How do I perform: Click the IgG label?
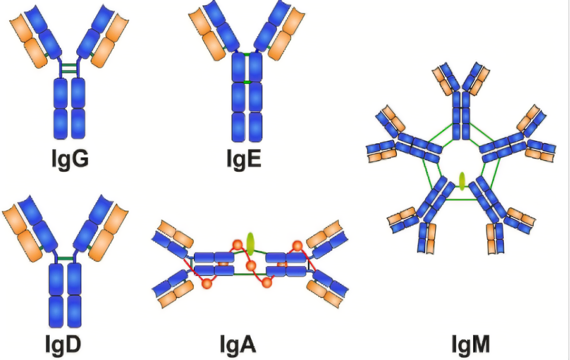70,159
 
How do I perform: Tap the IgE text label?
244,159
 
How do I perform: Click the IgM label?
471,344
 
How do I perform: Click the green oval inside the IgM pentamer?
462,181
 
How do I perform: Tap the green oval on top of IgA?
250,244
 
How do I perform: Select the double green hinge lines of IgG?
69,68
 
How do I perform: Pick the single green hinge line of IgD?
65,259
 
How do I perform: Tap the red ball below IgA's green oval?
251,266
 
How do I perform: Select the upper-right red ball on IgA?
297,246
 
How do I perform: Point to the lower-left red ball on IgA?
207,283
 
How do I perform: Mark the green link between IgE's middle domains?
247,82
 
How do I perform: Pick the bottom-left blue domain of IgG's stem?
60,124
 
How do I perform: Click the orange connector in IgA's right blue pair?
282,264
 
